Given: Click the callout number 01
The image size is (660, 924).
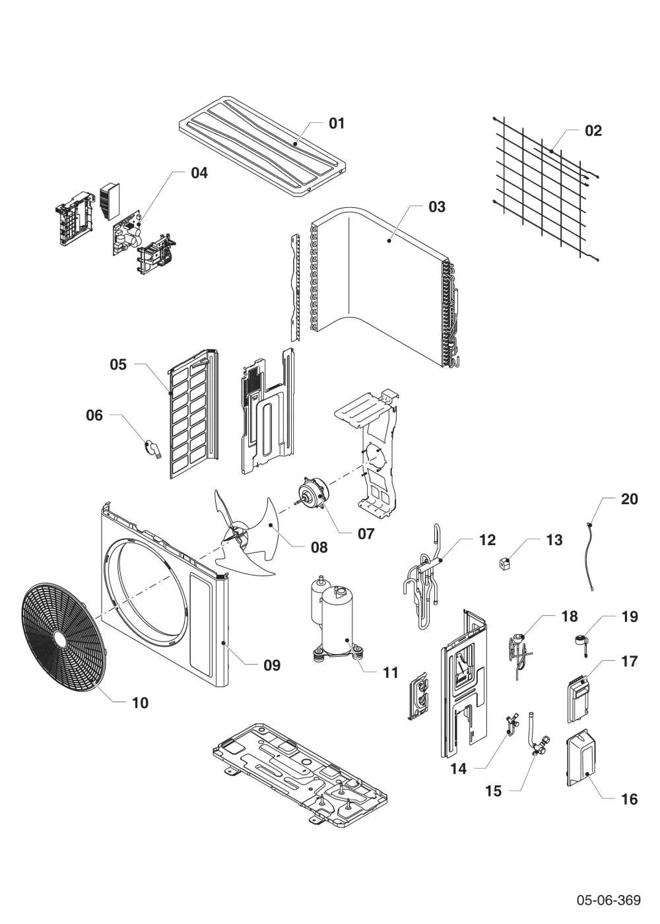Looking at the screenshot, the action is coord(336,123).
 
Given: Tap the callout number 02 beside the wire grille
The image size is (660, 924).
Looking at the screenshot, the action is coord(593,131).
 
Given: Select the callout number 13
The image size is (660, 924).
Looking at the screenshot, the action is coord(554,540).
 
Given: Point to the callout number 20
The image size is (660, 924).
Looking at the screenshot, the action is coord(630,499).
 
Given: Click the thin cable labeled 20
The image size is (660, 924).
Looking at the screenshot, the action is coord(591,559).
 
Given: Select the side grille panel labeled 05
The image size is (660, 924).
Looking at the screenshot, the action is coord(193,414).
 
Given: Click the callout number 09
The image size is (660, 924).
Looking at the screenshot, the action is coord(272,665).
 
